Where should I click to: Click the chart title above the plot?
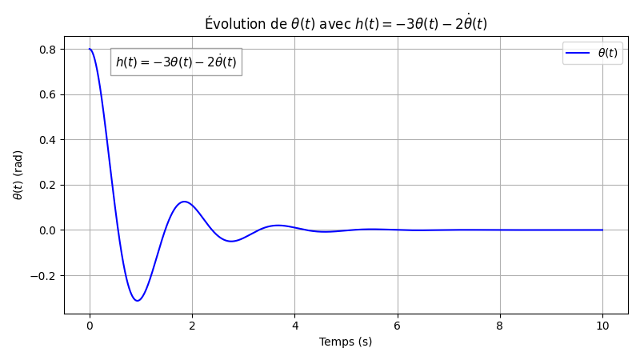[x=346, y=22]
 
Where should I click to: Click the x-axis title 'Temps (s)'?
[x=346, y=342]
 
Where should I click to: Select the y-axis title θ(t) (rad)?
[x=18, y=174]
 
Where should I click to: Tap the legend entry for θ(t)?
[x=592, y=53]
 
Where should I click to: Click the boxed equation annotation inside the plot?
[x=176, y=62]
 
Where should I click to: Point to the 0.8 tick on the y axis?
[x=48, y=49]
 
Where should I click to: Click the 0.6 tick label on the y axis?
[x=48, y=94]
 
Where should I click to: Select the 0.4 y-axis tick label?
[x=48, y=140]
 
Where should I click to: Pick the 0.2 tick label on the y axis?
[x=48, y=185]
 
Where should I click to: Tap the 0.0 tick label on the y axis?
[x=48, y=230]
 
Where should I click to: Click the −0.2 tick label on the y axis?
[x=45, y=275]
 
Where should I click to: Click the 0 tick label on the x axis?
[x=90, y=326]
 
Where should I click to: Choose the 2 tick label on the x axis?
[x=192, y=326]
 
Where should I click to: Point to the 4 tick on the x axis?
[x=294, y=326]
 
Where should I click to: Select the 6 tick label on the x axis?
[x=397, y=326]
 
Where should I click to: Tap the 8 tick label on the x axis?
[x=500, y=326]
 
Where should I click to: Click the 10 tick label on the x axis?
[x=602, y=326]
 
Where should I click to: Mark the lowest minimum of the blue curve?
[x=138, y=301]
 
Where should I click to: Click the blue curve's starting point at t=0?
[x=90, y=49]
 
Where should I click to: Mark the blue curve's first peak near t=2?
[x=184, y=202]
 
